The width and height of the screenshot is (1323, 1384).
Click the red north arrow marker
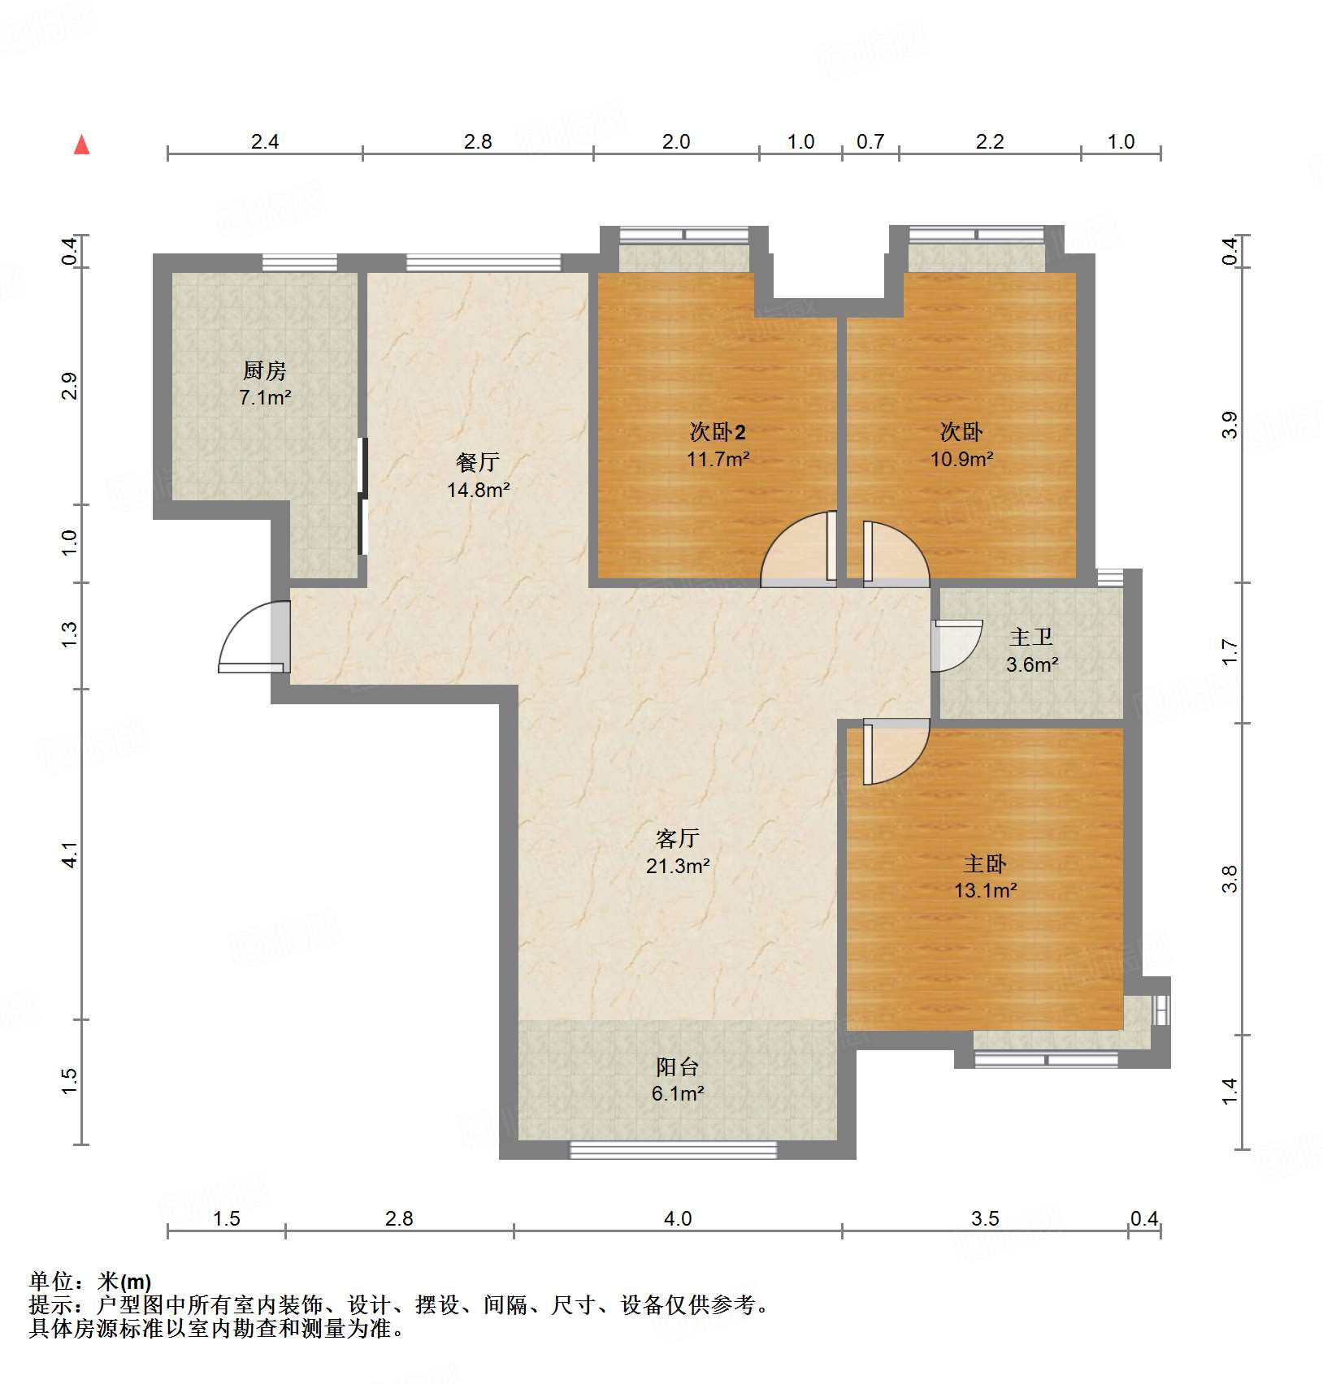point(81,145)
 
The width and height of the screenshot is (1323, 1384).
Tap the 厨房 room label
point(265,371)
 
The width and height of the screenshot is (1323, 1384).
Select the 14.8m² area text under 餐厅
point(478,490)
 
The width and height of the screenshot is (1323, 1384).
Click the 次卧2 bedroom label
point(718,431)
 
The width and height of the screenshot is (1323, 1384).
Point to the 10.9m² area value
point(961,459)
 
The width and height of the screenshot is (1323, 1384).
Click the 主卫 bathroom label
point(1031,637)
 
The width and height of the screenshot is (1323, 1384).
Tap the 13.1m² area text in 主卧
point(985,890)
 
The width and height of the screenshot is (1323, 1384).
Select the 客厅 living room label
point(677,838)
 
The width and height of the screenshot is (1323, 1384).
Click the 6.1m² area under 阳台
point(677,1093)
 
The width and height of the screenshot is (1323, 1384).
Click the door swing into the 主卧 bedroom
point(894,751)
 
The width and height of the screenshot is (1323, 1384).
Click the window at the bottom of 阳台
point(673,1149)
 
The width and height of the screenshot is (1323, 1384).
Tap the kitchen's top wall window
point(299,262)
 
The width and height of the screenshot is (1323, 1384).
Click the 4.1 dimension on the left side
point(70,854)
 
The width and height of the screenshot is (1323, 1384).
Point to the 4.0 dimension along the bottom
point(678,1218)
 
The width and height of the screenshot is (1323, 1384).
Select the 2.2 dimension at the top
point(989,142)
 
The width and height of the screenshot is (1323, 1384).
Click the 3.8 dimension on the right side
point(1230,879)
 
